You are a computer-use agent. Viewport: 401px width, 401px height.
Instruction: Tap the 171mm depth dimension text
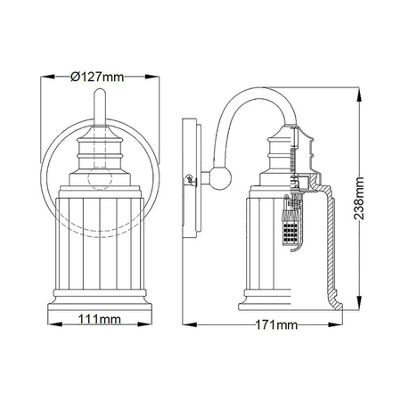275,324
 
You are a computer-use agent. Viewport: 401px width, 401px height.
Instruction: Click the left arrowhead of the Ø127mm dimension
46,77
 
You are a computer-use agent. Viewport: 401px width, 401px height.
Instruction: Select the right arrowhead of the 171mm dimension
341,324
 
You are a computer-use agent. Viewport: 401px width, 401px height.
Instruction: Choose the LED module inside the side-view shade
290,233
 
